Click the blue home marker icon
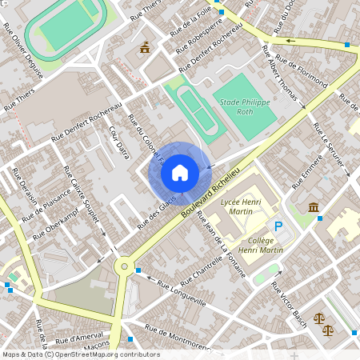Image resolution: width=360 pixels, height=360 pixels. click(x=179, y=172)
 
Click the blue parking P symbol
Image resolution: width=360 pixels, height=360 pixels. click(x=278, y=227)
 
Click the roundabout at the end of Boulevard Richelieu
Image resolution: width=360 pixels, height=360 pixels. click(x=124, y=266)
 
